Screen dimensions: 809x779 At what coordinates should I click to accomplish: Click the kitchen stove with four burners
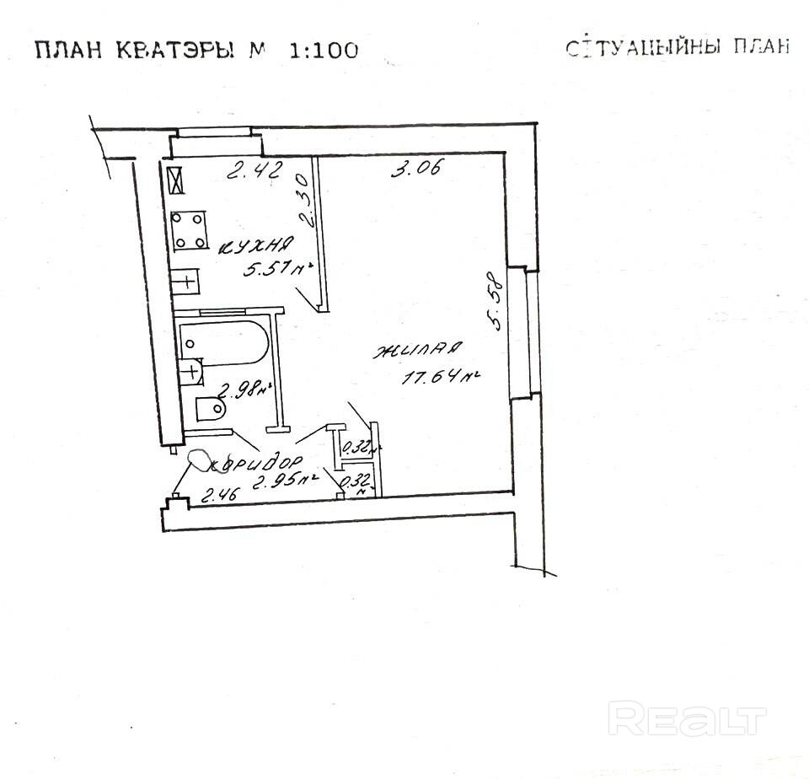pos(190,229)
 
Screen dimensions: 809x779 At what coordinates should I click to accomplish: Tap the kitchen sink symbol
pos(185,281)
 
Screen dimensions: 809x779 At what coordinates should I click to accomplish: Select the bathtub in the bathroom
pos(224,343)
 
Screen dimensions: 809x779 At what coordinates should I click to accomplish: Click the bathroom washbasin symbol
pos(191,370)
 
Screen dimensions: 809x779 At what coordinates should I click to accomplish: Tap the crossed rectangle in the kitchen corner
pos(175,181)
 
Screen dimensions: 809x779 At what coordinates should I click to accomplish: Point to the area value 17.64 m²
pos(441,378)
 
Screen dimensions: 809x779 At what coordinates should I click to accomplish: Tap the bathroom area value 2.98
pos(244,390)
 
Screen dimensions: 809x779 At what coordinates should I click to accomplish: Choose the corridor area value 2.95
pos(284,482)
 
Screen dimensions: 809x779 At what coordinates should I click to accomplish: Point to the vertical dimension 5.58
pos(496,299)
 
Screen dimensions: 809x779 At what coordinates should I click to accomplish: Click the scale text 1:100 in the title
pos(324,50)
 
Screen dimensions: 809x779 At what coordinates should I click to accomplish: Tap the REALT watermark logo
pos(687,719)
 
